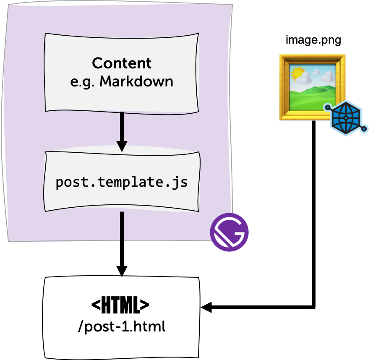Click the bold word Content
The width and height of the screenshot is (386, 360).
tap(122, 63)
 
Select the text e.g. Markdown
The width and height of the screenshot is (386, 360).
tap(122, 81)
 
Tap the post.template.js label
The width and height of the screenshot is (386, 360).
tap(122, 183)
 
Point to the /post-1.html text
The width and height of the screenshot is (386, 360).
tap(122, 326)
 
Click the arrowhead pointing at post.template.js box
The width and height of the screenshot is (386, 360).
tap(122, 146)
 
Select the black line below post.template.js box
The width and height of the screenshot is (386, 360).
tap(122, 227)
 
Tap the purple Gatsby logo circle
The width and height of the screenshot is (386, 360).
tap(230, 232)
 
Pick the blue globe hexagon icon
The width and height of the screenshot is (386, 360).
tap(345, 117)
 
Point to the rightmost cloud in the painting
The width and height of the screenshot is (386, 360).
tap(327, 77)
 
